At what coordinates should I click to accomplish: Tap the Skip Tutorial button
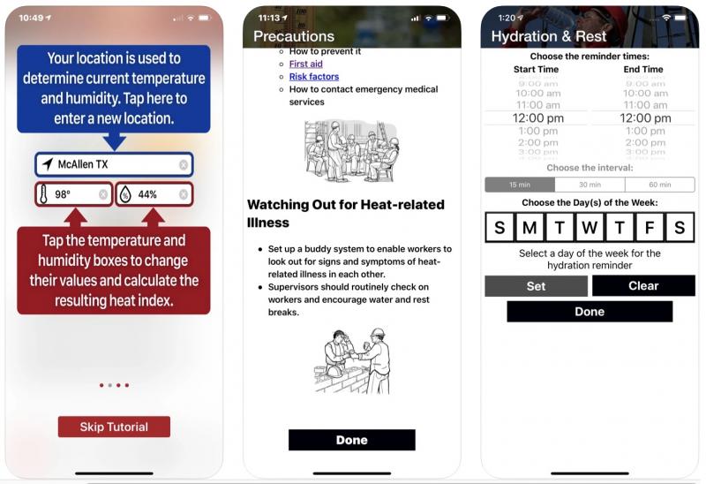114,427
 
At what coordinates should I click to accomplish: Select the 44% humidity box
154,194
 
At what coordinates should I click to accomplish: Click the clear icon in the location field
184,164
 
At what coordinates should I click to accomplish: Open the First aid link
306,64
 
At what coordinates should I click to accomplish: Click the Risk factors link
314,77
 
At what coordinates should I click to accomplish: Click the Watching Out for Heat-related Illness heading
346,214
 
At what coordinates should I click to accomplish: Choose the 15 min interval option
520,185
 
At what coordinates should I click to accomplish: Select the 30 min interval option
590,185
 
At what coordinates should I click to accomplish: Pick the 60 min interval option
659,185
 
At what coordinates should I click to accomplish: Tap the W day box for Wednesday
590,228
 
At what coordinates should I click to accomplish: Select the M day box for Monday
529,228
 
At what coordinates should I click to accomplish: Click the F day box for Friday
650,228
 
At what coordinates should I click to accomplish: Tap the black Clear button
643,285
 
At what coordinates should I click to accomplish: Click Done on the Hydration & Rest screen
590,311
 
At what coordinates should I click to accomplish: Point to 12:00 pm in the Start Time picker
537,118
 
